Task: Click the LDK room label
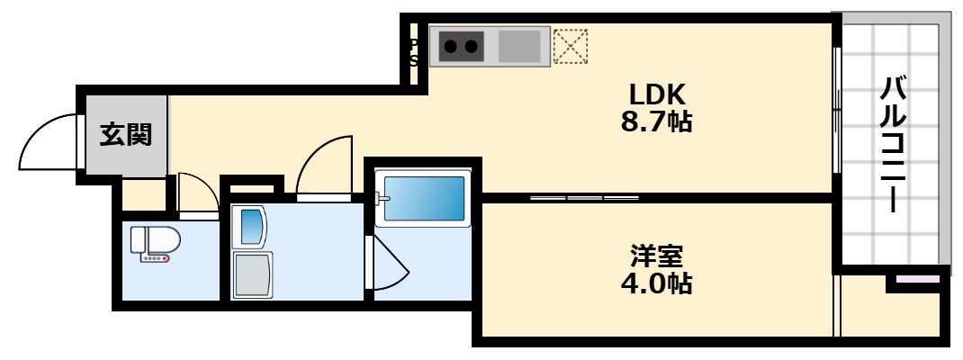657,93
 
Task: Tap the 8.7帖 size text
657,121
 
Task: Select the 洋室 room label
656,256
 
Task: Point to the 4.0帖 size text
656,284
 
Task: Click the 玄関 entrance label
125,135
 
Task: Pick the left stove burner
450,44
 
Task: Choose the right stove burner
472,44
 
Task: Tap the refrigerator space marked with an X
570,46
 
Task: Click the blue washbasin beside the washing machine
251,226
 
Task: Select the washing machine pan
252,274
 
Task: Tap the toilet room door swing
196,191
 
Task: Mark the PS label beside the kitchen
414,52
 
